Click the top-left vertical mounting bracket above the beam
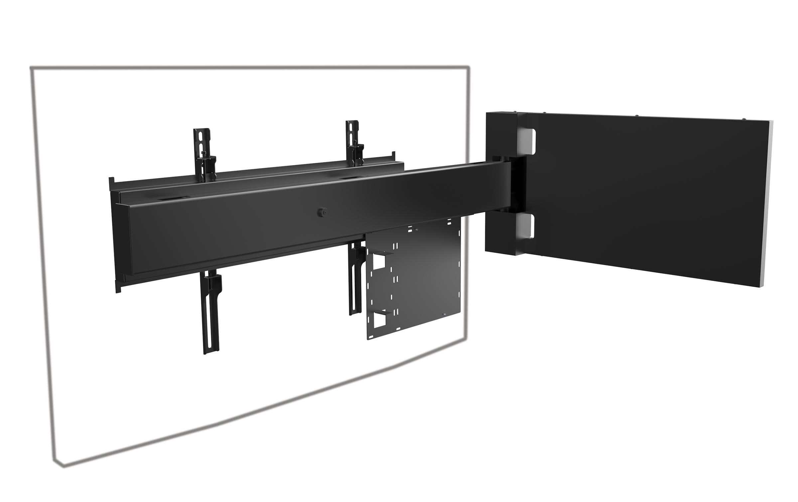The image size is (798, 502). [203, 146]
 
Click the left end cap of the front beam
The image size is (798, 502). [122, 239]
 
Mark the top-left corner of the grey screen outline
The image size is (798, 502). [31, 68]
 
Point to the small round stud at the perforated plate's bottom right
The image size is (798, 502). [446, 314]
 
